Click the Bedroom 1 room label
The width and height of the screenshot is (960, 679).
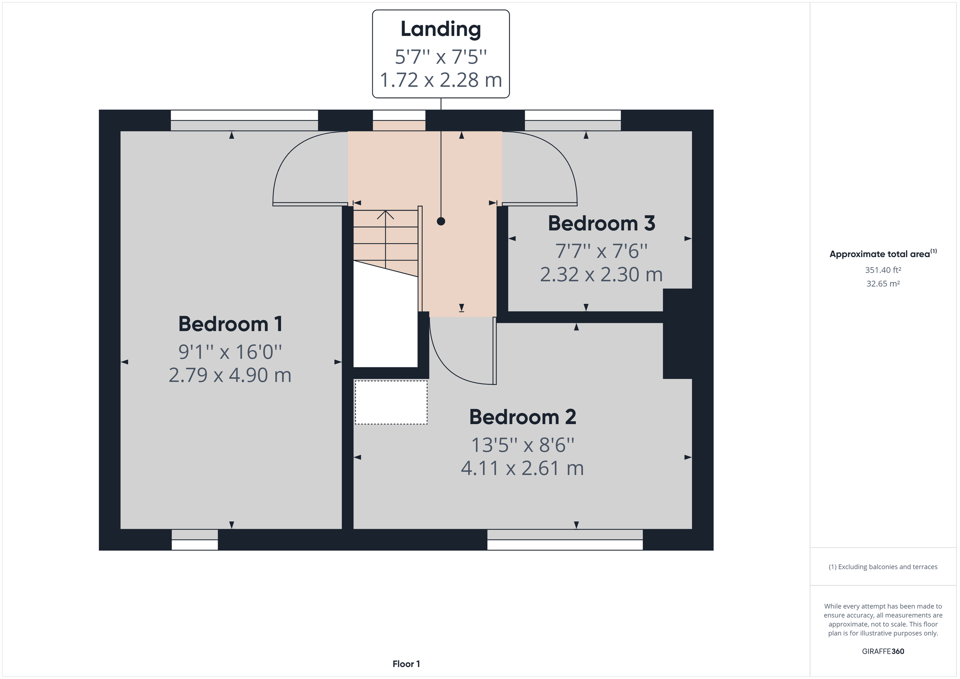230,324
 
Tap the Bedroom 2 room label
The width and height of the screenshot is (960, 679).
522,417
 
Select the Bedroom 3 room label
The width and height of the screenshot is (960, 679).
601,223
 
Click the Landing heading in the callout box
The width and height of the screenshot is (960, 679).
441,29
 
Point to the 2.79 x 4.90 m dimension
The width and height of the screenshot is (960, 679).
230,375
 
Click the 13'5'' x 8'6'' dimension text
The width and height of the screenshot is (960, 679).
522,445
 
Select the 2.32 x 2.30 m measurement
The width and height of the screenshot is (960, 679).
601,275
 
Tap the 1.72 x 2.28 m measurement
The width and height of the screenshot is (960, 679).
441,80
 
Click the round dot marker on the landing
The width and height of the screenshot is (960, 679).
441,221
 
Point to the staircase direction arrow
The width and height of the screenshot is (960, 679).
385,215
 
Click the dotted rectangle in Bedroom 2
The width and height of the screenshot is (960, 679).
391,402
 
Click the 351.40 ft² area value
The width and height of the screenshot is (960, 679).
883,270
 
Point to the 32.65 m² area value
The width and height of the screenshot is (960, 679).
883,284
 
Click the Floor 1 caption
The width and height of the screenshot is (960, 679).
406,664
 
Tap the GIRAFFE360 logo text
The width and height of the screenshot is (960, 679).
883,651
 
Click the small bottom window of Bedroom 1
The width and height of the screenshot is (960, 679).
195,540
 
